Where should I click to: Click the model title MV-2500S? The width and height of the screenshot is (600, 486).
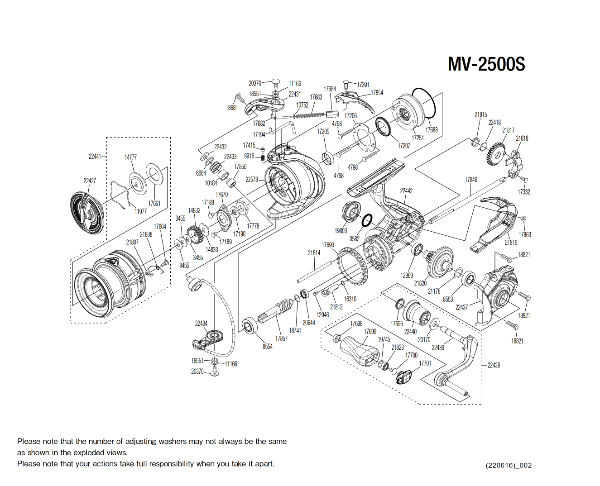486,64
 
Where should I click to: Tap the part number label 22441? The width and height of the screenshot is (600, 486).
95,157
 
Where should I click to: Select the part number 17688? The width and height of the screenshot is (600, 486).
431,130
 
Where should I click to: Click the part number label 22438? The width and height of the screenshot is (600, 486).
494,365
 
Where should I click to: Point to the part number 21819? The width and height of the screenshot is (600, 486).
511,243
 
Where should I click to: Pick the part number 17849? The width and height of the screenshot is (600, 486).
470,180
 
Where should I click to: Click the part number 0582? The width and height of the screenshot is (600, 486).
354,238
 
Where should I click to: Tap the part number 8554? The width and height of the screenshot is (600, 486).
268,346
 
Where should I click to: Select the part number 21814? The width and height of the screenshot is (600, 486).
314,253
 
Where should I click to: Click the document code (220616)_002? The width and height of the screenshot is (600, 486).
509,465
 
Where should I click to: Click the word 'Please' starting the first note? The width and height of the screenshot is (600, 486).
29,441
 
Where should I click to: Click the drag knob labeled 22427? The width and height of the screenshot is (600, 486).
87,213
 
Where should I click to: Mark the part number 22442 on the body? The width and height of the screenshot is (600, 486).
406,191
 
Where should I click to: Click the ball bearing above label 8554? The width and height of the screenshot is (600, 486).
250,326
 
